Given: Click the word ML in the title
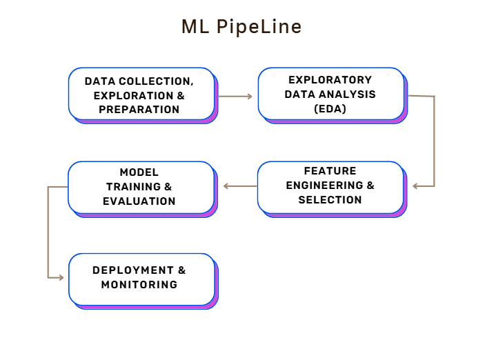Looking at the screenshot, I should [x=195, y=27].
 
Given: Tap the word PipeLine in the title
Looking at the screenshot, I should [x=259, y=27].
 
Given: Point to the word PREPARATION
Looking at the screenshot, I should [x=139, y=109].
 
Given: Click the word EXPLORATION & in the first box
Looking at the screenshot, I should [x=139, y=95].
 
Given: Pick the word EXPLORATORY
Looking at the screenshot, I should [x=330, y=80].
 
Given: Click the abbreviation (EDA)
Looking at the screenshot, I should [x=330, y=108].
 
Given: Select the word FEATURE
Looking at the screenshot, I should [x=330, y=171].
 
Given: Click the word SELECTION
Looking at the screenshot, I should [x=330, y=200].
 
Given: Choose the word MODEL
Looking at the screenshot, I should [x=139, y=172].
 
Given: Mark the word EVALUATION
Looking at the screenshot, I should [x=139, y=201].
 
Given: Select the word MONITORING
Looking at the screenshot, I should [x=139, y=284].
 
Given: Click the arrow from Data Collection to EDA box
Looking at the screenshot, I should [x=235, y=97].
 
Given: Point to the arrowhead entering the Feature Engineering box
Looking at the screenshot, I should [x=415, y=186].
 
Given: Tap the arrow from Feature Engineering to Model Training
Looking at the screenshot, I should [x=239, y=186].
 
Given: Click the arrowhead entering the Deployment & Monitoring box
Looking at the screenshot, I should [x=60, y=278].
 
